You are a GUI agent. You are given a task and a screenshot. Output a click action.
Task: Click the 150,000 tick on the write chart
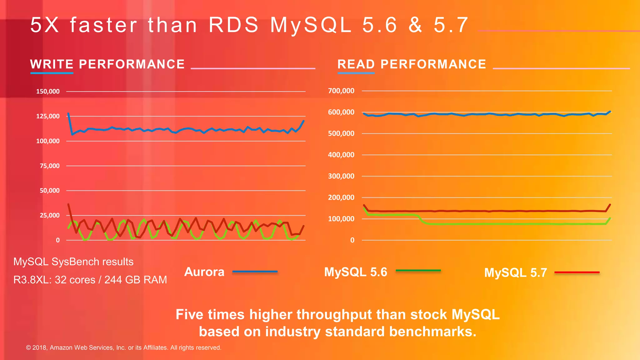point(48,92)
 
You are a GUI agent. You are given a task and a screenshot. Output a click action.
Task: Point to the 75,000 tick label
point(49,166)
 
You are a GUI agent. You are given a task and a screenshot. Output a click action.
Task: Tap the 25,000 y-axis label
point(49,215)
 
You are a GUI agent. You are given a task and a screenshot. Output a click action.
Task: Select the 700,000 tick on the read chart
point(341,91)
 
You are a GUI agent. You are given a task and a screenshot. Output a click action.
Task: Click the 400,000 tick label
point(341,155)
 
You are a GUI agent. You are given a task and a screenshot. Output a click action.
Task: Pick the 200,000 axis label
point(341,197)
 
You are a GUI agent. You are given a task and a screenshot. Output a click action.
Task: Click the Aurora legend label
point(204,272)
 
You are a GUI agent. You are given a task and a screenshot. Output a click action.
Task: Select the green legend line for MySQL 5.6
point(418,270)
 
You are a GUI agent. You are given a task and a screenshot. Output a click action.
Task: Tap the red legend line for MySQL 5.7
point(577,272)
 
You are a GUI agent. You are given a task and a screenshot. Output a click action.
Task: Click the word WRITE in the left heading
point(52,64)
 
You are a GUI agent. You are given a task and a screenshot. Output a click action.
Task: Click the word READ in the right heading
point(356,64)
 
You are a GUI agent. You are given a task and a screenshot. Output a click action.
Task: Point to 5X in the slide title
point(45,25)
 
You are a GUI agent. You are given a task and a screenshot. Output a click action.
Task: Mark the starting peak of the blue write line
point(68,113)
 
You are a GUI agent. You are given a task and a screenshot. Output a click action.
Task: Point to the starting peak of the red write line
point(68,204)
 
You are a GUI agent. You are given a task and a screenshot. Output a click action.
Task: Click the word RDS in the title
point(233,25)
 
